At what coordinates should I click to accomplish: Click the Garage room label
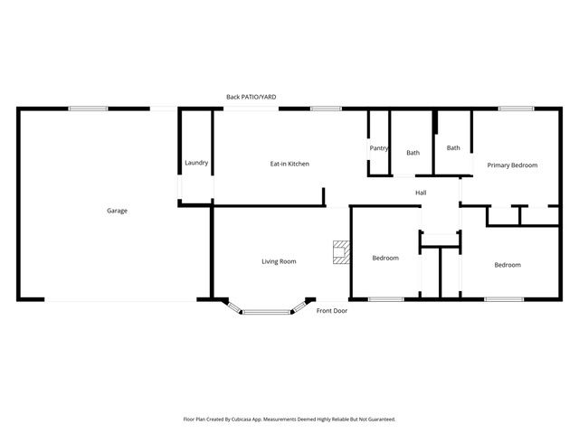click(x=117, y=211)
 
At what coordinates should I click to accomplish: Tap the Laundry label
click(x=196, y=163)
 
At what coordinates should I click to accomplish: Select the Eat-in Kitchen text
click(x=289, y=164)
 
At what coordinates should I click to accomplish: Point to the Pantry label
click(x=378, y=148)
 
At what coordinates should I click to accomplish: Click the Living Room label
click(x=279, y=261)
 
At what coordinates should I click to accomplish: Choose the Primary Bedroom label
click(x=512, y=165)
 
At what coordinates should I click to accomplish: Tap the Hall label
click(x=421, y=193)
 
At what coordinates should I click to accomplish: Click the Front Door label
click(x=331, y=311)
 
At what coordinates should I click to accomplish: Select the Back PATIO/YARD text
click(x=252, y=97)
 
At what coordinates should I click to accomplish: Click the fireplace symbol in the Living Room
click(x=341, y=252)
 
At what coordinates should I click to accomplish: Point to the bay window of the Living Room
click(x=266, y=311)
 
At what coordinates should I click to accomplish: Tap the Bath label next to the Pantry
click(x=413, y=153)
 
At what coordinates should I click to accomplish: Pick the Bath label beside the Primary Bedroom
click(x=452, y=148)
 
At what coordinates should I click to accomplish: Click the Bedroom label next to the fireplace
click(x=385, y=259)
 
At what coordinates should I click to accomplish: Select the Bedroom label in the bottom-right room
click(x=507, y=265)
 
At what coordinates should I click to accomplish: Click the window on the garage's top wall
click(x=89, y=108)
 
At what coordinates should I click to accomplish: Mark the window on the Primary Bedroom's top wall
click(x=515, y=108)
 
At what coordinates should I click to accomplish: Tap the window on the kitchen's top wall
click(x=326, y=108)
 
